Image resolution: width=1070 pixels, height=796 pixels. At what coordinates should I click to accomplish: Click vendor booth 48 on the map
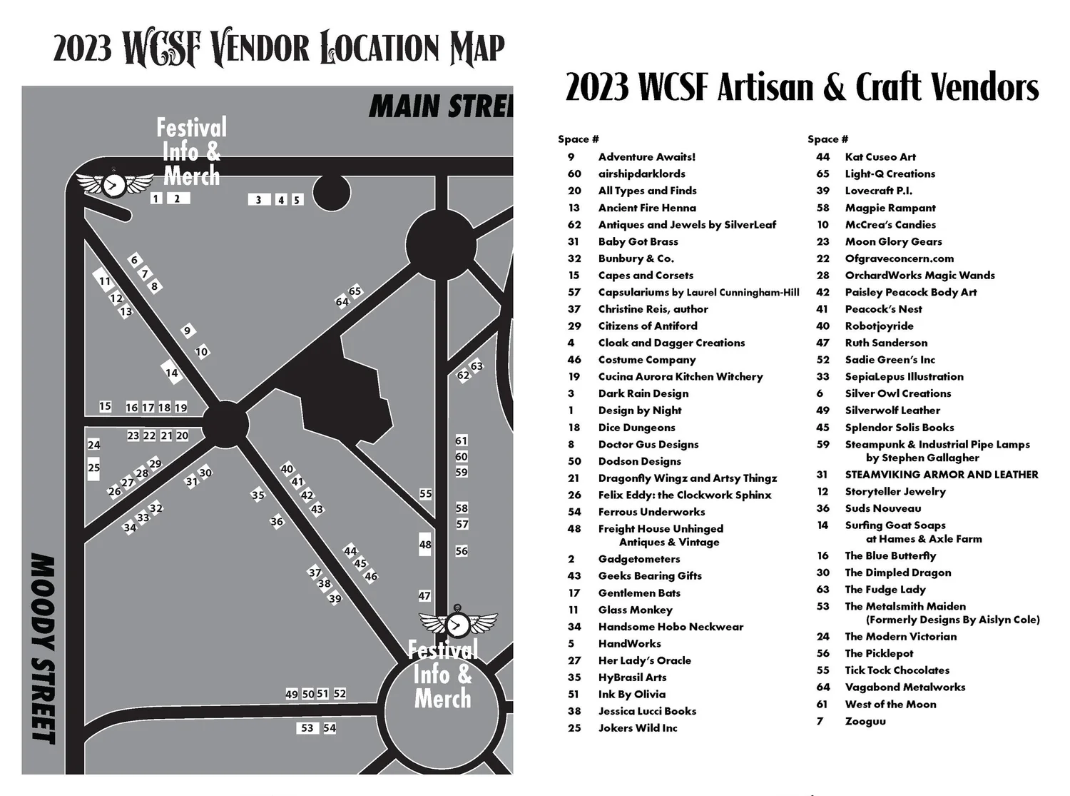coord(425,544)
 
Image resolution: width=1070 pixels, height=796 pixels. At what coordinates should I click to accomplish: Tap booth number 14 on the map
coord(171,373)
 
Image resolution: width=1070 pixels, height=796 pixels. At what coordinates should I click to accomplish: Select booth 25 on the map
coord(94,468)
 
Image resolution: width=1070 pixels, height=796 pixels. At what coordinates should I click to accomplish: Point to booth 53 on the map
coord(307,728)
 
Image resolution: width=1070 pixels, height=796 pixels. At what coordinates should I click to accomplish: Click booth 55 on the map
coord(426,493)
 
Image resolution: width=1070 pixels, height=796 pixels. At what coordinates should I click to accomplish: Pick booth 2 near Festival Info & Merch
coord(178,198)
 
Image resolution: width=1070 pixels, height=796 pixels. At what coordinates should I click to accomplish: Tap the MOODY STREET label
coord(44,648)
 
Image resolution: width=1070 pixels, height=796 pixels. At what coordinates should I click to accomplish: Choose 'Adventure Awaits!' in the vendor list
coord(646,157)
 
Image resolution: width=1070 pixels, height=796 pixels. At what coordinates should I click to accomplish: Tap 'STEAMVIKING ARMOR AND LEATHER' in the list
coord(941,475)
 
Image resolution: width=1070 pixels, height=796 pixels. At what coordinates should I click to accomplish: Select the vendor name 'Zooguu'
coord(865,721)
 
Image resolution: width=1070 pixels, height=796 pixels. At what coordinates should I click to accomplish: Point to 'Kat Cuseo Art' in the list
coord(880,157)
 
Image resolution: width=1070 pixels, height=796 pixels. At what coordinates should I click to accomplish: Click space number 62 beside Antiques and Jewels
coord(574,225)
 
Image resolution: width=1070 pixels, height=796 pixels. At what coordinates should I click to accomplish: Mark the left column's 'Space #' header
coord(578,139)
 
